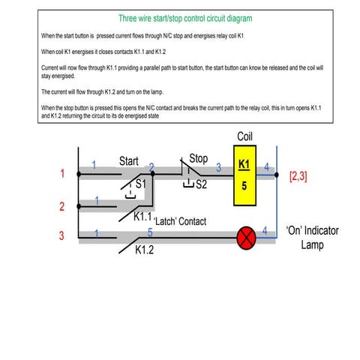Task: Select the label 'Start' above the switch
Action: coord(129,161)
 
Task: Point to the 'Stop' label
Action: coord(199,159)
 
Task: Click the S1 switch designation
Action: coord(140,183)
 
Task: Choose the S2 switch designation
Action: coord(201,184)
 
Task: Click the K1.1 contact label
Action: coord(142,217)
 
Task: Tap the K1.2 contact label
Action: coord(145,250)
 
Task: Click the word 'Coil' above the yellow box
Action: coord(245,137)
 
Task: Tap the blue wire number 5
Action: coord(150,233)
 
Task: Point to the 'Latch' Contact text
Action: coord(179,222)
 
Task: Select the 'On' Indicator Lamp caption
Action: coord(312,237)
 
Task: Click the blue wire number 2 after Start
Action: coord(151,168)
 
